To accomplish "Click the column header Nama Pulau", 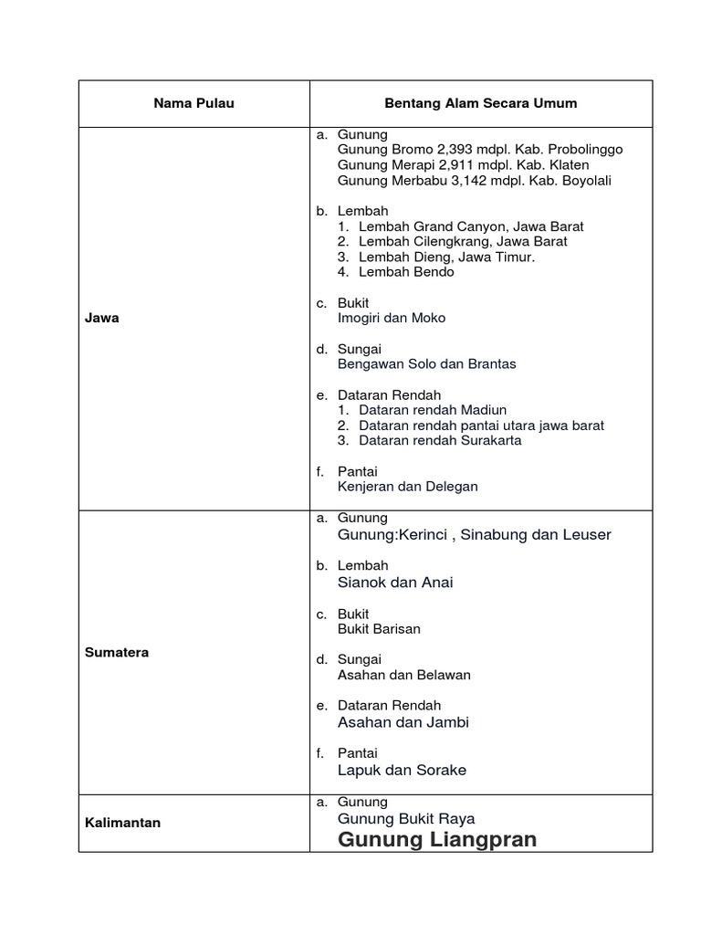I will tap(194, 103).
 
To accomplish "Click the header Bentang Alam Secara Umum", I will tap(481, 103).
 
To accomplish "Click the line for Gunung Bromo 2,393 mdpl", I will tap(480, 149).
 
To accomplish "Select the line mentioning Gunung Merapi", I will tap(463, 164).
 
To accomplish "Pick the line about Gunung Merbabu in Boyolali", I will tap(474, 180).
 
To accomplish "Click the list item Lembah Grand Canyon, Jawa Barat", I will tap(471, 226).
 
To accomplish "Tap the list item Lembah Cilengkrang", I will tap(463, 241).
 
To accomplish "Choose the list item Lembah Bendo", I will tap(406, 272).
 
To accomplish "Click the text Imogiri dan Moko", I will tap(392, 318).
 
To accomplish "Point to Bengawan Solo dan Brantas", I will tap(426, 363).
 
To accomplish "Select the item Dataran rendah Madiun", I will tap(433, 410).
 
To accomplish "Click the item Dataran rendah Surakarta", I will tap(440, 440).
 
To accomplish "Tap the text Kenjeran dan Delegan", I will tap(407, 487).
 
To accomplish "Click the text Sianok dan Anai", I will tap(395, 583).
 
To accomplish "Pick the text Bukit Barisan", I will tap(379, 629).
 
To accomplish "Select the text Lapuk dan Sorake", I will tap(402, 770).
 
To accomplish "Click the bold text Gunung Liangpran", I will tap(437, 839).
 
